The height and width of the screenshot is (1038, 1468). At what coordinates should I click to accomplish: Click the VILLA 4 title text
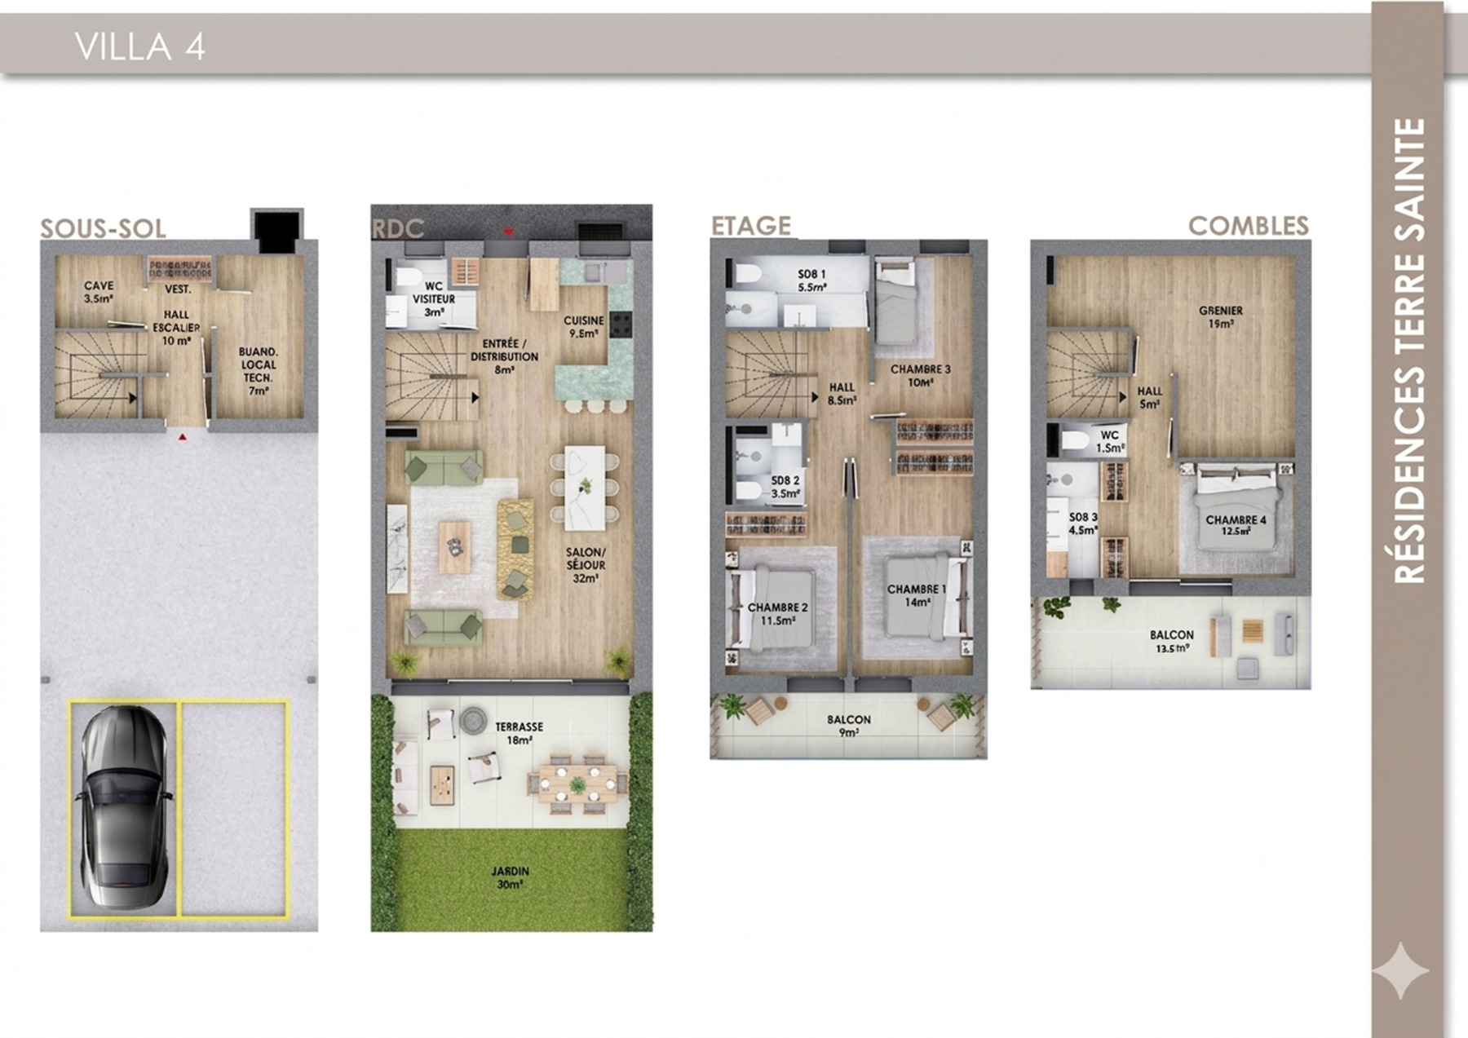[139, 46]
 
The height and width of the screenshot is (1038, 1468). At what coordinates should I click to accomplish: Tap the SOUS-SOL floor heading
[103, 228]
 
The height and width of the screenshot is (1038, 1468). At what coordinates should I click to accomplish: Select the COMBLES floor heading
[1248, 226]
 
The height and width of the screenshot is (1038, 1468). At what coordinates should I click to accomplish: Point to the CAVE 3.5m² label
[99, 292]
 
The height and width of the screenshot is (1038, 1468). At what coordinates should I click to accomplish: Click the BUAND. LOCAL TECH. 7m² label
[259, 371]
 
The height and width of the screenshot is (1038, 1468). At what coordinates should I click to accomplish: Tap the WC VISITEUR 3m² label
[433, 299]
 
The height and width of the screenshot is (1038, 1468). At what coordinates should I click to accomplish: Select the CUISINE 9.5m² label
[584, 326]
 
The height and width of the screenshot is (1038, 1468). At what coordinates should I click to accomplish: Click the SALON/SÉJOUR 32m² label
[586, 565]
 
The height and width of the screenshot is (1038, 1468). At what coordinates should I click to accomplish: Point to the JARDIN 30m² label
[511, 877]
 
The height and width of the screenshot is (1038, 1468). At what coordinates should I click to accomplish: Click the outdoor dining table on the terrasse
[577, 784]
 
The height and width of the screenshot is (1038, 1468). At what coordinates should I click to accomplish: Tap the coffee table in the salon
[455, 547]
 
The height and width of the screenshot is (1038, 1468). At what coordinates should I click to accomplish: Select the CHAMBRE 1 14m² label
[917, 595]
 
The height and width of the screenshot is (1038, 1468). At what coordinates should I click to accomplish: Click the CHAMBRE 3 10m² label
[920, 375]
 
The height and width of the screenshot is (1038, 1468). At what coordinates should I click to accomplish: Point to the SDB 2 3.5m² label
[785, 487]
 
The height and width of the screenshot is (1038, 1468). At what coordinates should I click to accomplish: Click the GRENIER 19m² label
[1221, 316]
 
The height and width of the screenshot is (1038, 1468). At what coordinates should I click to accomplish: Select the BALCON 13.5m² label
[1171, 641]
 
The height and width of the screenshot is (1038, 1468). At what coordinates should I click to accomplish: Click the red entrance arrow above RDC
[509, 232]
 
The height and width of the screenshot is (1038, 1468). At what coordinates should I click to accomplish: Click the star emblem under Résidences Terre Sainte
[1400, 970]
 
